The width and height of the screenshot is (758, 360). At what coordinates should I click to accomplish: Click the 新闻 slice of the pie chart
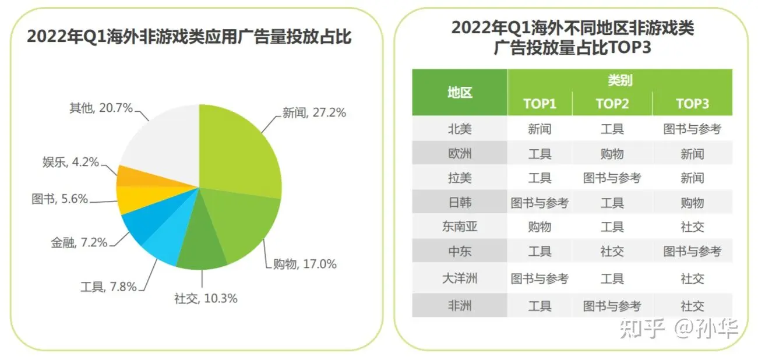(x=239, y=151)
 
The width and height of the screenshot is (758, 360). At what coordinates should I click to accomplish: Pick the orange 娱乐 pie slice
(x=129, y=176)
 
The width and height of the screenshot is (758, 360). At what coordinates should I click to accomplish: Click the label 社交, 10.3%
(x=206, y=298)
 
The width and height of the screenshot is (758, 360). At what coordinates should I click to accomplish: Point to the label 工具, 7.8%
(x=108, y=286)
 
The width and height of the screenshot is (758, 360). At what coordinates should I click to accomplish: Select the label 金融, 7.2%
(x=79, y=242)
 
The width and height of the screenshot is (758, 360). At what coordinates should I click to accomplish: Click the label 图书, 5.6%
(x=59, y=199)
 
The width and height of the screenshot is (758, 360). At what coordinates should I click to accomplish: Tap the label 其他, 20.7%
(x=101, y=108)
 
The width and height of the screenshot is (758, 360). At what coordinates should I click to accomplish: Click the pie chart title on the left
(x=189, y=37)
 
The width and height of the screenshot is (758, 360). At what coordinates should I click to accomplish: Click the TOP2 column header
(x=612, y=104)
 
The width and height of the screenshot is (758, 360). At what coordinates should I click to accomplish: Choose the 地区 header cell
(x=460, y=92)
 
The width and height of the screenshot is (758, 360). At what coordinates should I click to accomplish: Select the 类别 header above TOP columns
(x=620, y=80)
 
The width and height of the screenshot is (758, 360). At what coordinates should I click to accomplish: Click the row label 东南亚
(x=460, y=227)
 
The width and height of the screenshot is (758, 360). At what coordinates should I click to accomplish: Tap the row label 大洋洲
(x=460, y=278)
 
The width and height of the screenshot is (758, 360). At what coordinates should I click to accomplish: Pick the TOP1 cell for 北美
(x=540, y=129)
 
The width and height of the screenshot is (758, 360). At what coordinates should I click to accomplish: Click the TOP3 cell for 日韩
(x=692, y=203)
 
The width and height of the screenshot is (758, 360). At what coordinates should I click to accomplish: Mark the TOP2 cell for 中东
(x=612, y=251)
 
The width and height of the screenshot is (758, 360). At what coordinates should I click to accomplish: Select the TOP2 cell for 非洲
(x=612, y=305)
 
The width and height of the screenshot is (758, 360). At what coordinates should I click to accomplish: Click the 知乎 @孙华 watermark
(x=679, y=329)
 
